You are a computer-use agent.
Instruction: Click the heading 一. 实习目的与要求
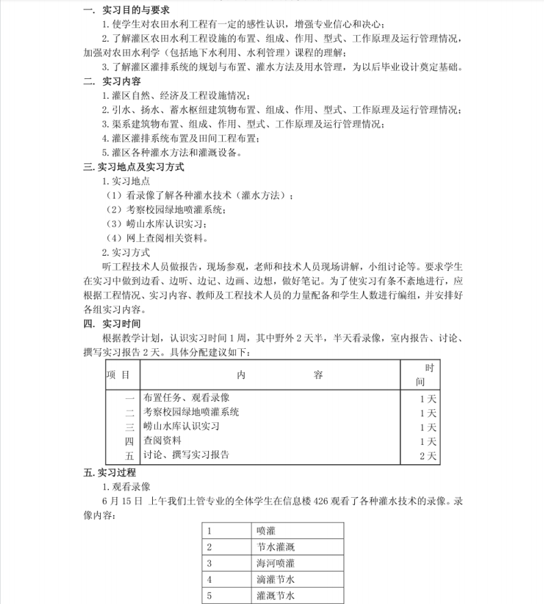point(126,10)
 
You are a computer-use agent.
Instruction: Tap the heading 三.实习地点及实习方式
point(134,167)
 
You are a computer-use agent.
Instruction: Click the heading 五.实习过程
point(110,472)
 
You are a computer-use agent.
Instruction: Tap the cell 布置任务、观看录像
point(186,398)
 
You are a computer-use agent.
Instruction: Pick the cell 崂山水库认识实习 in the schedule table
point(182,426)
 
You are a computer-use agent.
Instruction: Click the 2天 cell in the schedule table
point(427,455)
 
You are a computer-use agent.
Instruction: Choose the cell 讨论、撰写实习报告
point(186,455)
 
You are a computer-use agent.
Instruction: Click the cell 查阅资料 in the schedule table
point(163,441)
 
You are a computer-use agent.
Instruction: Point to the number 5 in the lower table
point(209,596)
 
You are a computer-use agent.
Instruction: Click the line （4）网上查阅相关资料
point(158,239)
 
